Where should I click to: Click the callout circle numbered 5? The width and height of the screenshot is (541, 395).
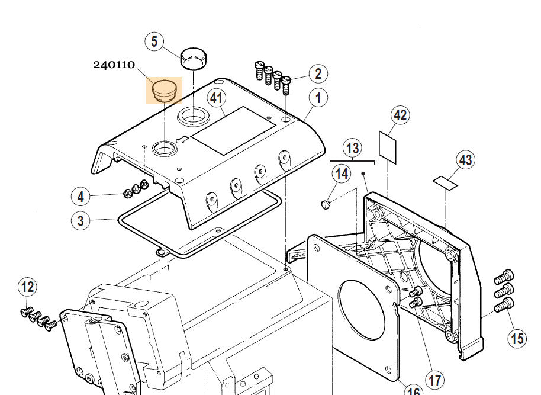(154, 41)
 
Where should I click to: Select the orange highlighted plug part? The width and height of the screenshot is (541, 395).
(164, 90)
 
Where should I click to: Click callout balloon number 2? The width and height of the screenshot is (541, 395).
(318, 73)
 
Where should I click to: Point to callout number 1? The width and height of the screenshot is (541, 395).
(318, 98)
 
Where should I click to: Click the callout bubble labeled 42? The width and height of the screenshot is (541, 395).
(401, 115)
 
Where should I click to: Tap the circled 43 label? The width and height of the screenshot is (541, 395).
(466, 160)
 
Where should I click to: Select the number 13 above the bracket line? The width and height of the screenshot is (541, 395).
(352, 148)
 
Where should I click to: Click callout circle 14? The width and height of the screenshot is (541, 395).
(342, 174)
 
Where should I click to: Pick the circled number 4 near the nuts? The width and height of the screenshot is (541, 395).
(81, 196)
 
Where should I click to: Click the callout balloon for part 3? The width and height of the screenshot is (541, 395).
(81, 221)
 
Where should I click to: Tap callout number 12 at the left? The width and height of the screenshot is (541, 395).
(27, 288)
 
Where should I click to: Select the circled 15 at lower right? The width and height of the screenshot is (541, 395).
(517, 338)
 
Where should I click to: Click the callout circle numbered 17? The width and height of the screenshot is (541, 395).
(435, 380)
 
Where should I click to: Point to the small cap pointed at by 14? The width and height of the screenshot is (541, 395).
(325, 205)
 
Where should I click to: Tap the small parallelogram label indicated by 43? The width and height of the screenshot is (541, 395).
(445, 181)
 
